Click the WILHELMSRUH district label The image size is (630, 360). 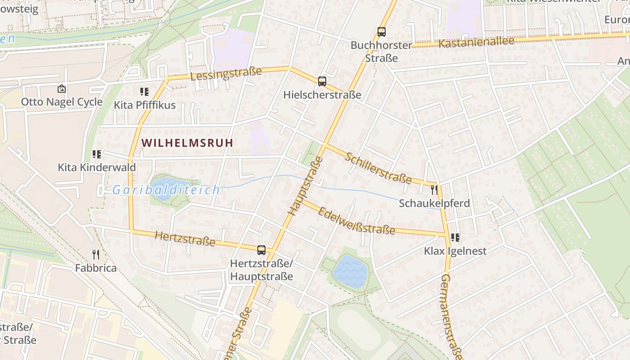187,143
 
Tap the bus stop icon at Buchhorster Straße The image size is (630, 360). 382,32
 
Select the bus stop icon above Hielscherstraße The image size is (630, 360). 322,81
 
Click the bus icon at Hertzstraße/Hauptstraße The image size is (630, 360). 261,250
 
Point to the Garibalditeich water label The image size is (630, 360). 166,190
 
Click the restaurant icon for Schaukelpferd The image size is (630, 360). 434,190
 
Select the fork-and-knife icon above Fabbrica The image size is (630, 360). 96,255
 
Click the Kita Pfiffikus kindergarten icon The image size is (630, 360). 144,92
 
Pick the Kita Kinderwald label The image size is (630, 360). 97,167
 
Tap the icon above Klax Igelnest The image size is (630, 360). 455,238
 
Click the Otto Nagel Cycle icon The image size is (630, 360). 62,89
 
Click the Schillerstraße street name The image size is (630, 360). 378,168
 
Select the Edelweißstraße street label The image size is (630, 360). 356,220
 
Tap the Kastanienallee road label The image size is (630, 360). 476,43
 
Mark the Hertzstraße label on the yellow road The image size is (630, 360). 185,238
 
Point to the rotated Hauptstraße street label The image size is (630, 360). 305,186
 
